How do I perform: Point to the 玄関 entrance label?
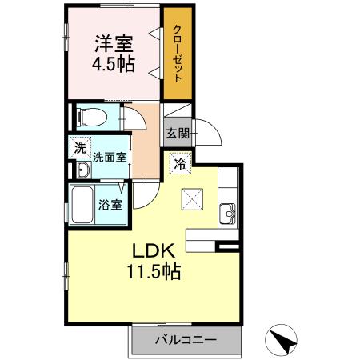tap(178, 134)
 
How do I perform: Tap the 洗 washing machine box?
tap(79, 147)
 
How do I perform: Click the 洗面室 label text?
tap(110, 158)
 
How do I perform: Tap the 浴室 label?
tap(110, 205)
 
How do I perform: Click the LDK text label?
tap(148, 249)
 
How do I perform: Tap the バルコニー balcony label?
tap(186, 340)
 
